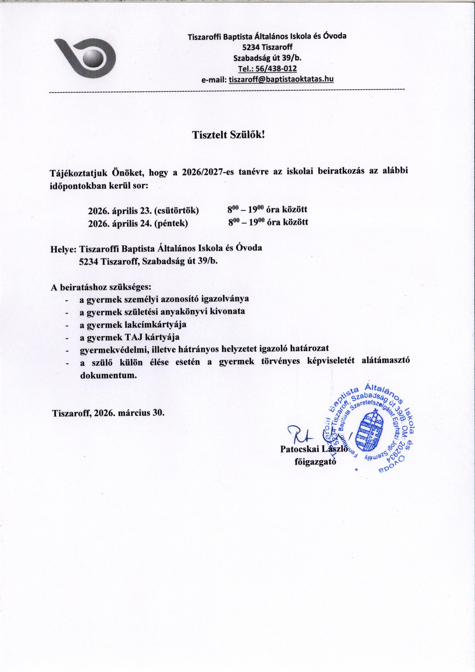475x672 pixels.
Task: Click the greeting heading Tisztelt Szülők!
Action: click(x=228, y=135)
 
